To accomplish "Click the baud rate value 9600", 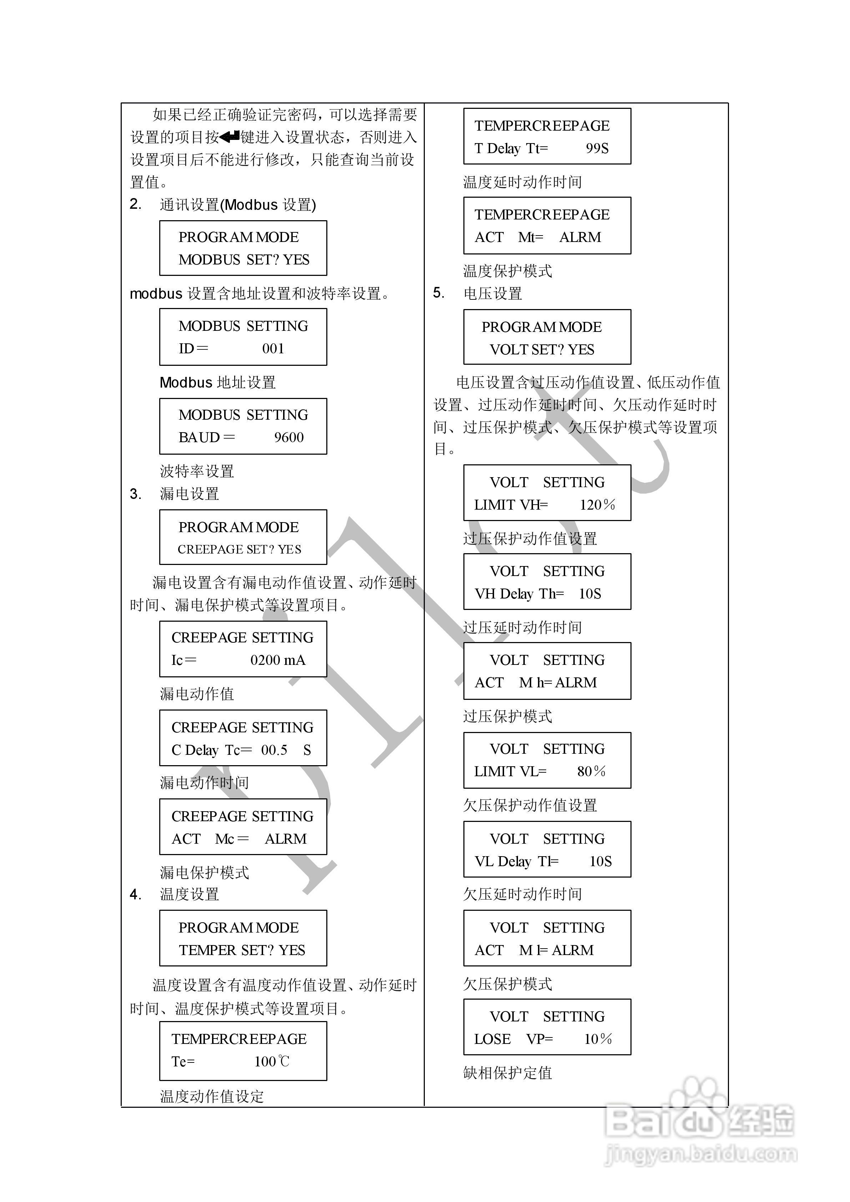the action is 288,438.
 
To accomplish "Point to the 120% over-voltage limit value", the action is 597,505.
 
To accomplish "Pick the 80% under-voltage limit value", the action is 591,771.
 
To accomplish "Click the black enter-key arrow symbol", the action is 230,137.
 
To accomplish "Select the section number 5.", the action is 438,293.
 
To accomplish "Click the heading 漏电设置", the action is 190,494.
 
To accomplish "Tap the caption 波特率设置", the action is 197,471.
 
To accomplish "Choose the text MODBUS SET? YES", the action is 244,260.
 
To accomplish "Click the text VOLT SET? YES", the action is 542,350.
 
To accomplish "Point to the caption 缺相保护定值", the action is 508,1073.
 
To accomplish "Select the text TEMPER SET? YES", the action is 242,950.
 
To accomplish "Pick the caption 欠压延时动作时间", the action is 522,894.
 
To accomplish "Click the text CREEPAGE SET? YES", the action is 239,549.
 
